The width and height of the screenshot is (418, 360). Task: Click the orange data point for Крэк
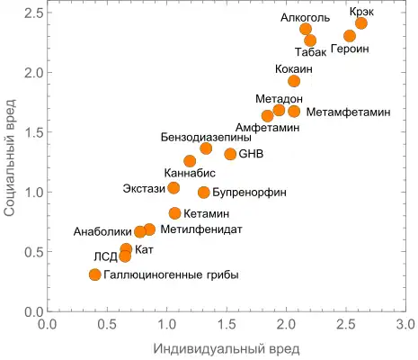coord(360,22)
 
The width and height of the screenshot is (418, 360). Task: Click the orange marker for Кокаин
coord(294,81)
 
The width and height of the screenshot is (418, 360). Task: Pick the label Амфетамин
coord(267,129)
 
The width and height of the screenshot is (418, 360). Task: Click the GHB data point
coord(230,154)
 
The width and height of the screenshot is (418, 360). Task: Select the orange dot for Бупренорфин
coord(204,193)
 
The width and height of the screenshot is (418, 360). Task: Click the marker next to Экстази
coord(173,188)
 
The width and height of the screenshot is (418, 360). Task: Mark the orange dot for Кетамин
coord(174,213)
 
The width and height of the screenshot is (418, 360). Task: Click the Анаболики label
coord(102,232)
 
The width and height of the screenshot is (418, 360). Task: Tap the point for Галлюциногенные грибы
coord(95,274)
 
